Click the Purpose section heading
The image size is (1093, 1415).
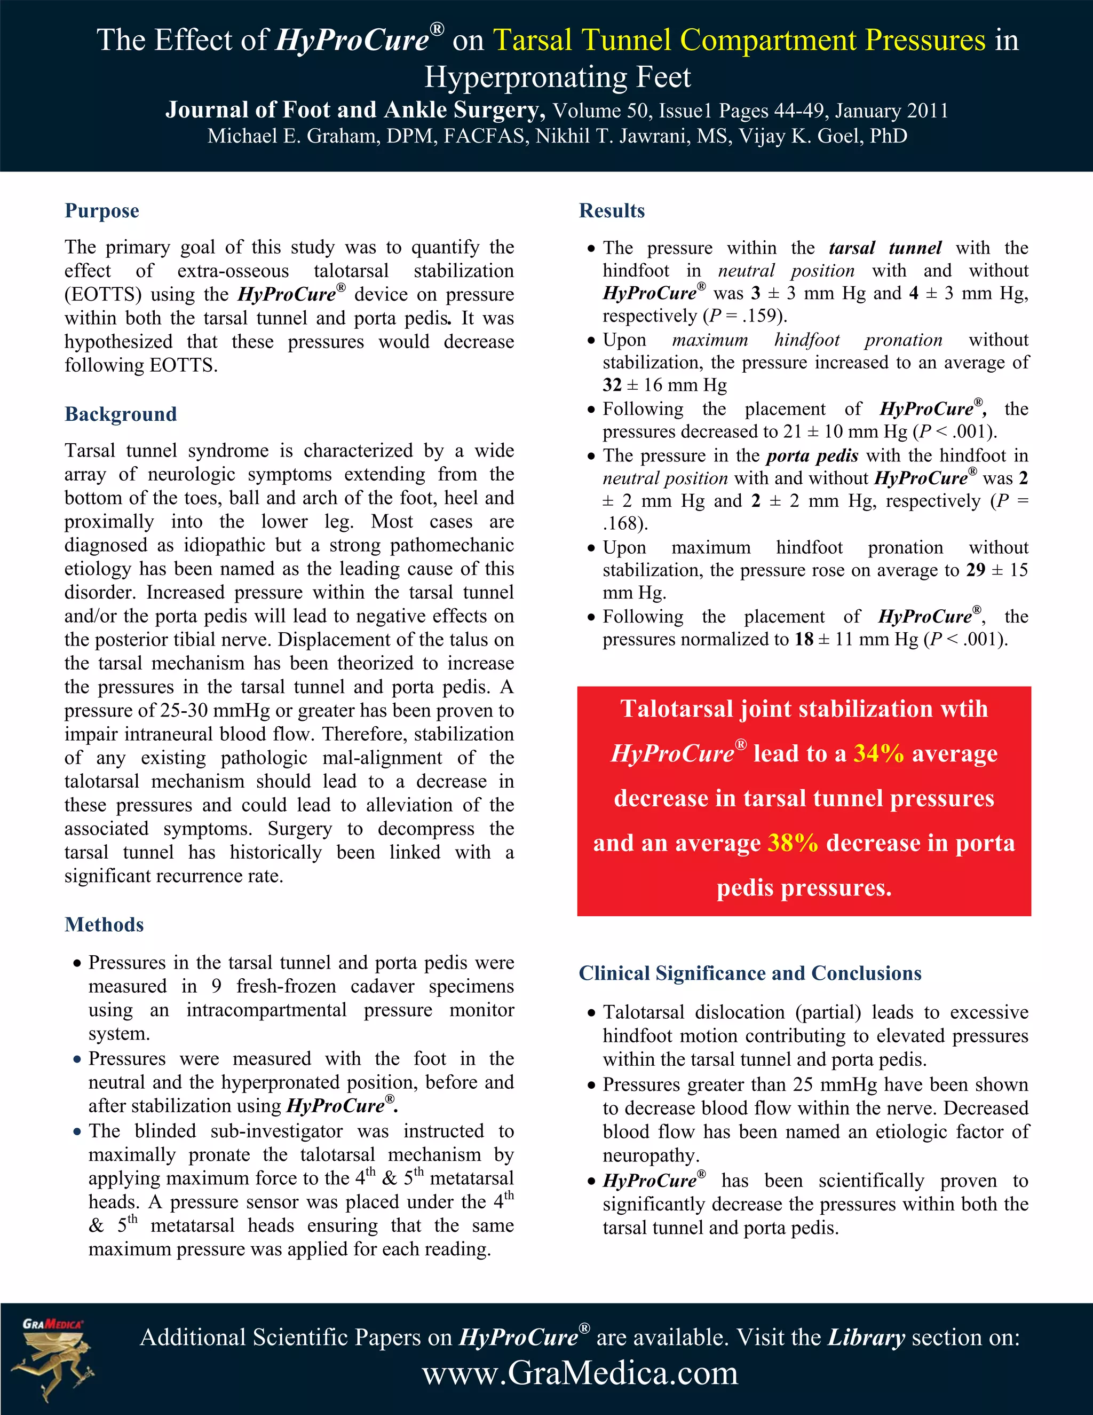[101, 211]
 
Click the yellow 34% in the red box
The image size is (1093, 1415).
[878, 753]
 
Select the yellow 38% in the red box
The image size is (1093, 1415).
[793, 843]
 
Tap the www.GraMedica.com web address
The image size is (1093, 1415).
[580, 1373]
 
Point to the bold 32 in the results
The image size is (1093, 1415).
[612, 386]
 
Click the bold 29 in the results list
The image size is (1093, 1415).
[975, 570]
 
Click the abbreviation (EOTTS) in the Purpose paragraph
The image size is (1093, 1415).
[103, 295]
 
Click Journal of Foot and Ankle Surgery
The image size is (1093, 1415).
[355, 110]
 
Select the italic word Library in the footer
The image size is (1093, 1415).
[866, 1337]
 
